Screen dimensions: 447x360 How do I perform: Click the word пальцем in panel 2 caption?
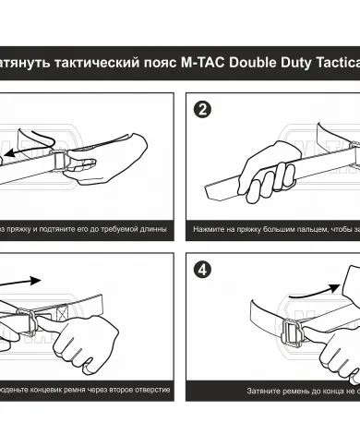click(x=306, y=226)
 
